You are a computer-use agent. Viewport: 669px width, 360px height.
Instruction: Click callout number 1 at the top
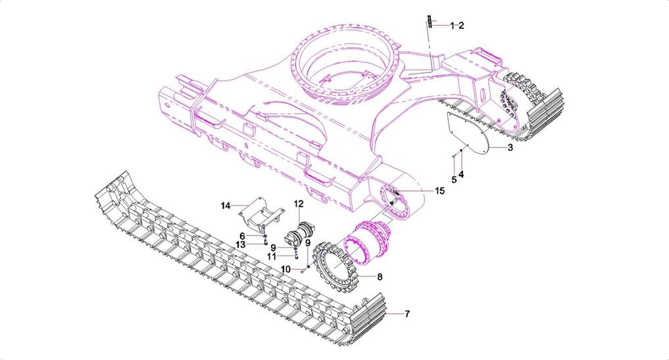point(452,26)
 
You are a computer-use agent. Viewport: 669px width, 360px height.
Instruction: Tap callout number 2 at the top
point(461,26)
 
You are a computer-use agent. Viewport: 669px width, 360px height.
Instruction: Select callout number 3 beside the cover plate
point(510,148)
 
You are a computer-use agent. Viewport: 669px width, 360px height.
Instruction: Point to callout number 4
point(461,174)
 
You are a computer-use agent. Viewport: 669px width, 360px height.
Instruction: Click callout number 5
point(454,179)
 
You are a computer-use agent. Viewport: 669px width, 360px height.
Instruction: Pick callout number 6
point(242,236)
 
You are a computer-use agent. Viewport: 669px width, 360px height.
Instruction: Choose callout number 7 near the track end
point(407,314)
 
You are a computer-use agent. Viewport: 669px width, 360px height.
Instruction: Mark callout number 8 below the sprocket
point(380,277)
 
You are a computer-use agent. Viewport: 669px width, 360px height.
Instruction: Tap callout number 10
point(285,269)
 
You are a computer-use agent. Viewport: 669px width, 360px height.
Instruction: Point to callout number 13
point(241,244)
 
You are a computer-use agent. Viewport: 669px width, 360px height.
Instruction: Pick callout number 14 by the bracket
point(226,206)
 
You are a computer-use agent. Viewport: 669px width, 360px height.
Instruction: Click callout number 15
point(439,190)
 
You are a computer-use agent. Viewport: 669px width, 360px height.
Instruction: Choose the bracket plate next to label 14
point(262,213)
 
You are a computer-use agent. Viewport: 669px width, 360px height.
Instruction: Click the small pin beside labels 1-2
point(429,22)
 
